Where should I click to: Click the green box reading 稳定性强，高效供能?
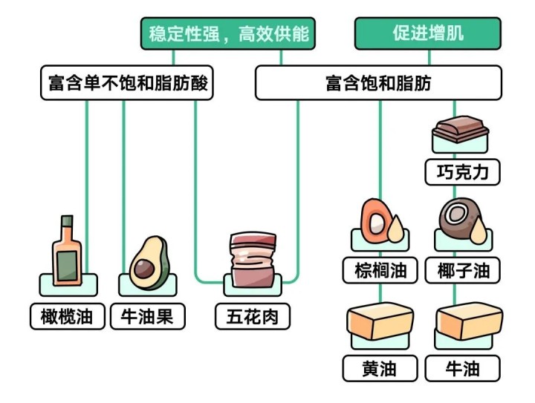(228, 34)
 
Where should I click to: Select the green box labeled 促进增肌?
(427, 34)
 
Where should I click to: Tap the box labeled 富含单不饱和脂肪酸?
(126, 84)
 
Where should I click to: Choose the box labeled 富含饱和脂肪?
(378, 84)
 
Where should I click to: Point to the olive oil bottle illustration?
(67, 255)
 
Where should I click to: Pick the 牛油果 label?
(147, 316)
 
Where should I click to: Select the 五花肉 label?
(253, 316)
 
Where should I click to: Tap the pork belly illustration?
(253, 261)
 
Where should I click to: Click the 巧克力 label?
(462, 172)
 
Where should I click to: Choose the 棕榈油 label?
(380, 270)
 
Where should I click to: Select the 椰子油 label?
(462, 270)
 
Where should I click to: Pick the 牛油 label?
(462, 368)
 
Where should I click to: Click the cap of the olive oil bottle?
(67, 220)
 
